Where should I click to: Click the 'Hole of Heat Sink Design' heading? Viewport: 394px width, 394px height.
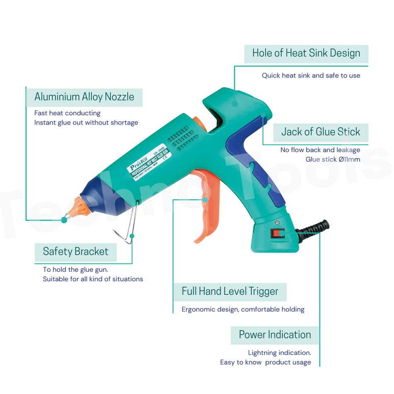click(x=306, y=54)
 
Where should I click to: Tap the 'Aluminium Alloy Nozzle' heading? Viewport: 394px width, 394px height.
click(x=84, y=97)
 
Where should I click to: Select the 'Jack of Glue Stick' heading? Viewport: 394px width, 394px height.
click(x=321, y=132)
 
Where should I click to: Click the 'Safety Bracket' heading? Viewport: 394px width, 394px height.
click(x=75, y=252)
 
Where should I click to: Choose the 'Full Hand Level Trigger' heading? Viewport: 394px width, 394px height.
click(x=230, y=292)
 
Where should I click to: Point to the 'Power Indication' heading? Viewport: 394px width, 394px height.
click(x=275, y=335)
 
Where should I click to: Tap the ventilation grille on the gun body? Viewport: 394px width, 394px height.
click(x=181, y=137)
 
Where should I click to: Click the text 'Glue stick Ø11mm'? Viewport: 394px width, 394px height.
click(x=333, y=160)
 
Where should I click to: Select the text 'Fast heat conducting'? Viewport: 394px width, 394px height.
click(x=67, y=113)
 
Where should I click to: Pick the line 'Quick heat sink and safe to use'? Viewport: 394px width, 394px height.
click(x=311, y=76)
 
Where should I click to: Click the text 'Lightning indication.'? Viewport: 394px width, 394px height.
click(x=279, y=353)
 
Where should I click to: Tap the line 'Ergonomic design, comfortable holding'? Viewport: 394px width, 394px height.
click(x=243, y=309)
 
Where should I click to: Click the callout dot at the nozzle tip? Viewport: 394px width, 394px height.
click(x=64, y=220)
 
